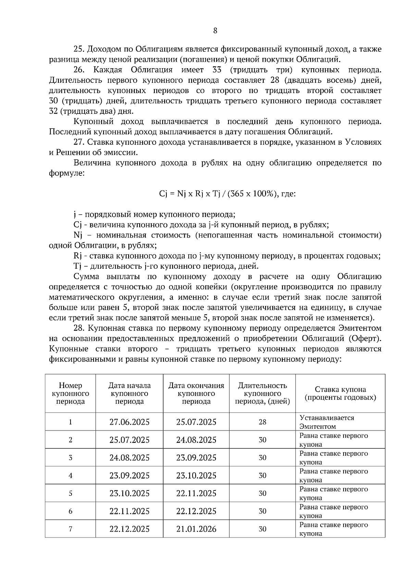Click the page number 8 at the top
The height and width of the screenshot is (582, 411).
click(215, 31)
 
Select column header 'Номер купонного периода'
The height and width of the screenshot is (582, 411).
click(71, 393)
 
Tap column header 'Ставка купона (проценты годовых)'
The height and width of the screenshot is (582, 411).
click(340, 393)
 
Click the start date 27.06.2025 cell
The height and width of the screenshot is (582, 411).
click(129, 422)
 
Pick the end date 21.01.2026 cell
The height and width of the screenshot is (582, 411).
click(196, 529)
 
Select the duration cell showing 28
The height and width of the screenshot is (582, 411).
click(262, 422)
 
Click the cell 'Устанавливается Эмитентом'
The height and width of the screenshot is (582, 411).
click(327, 422)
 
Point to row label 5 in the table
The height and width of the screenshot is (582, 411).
click(71, 493)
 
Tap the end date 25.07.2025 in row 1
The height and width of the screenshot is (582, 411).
click(196, 422)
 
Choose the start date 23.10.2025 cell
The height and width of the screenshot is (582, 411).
click(129, 493)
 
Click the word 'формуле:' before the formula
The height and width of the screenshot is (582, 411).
click(65, 173)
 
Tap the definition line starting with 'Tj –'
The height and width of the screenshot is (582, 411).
click(166, 266)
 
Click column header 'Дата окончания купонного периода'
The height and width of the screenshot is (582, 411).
click(196, 393)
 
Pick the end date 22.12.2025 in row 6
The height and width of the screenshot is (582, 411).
click(196, 511)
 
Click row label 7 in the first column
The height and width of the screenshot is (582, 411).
click(71, 529)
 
